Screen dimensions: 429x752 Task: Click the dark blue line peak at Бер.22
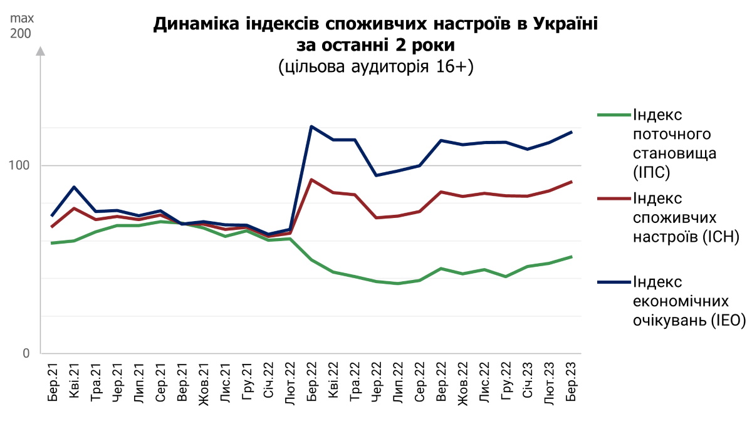point(311,127)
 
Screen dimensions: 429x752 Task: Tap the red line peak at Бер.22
point(311,180)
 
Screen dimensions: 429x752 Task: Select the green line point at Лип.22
point(398,284)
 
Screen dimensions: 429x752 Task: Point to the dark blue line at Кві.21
point(75,187)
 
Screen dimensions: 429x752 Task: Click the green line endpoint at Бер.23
point(571,256)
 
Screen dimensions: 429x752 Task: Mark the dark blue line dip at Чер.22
point(376,175)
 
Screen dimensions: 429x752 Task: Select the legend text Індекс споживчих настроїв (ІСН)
point(687,217)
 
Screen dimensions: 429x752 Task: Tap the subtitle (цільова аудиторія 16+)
point(376,67)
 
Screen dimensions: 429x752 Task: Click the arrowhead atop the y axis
point(41,51)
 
